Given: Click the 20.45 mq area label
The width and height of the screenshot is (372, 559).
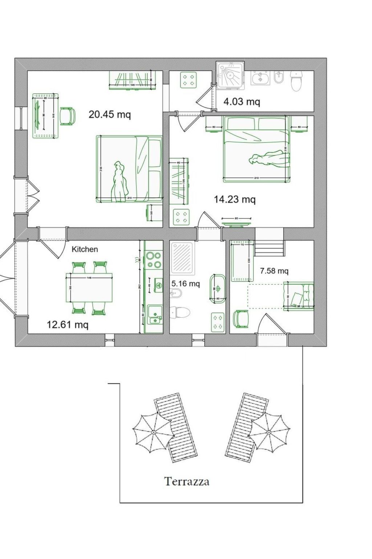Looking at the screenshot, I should (x=109, y=114).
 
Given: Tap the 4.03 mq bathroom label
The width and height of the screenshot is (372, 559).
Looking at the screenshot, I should (x=242, y=102).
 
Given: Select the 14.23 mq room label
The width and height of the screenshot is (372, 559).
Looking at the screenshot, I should (x=235, y=199).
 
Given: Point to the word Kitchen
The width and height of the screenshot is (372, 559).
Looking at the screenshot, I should (x=85, y=249).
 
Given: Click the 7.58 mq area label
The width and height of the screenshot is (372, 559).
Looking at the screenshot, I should (x=274, y=271).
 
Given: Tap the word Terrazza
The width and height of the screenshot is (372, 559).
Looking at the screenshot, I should (x=187, y=481).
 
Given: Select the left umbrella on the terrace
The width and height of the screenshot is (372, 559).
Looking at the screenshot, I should (x=153, y=432).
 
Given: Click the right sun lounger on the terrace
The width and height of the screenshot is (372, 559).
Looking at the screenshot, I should (x=247, y=428).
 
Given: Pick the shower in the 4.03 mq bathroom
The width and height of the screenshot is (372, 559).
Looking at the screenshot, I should (x=230, y=75).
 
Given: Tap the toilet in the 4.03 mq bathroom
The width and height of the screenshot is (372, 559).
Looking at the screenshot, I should (x=296, y=81).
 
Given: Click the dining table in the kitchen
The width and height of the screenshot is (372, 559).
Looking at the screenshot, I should (x=89, y=288).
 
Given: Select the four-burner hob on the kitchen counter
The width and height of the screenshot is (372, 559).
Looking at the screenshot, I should (x=154, y=259).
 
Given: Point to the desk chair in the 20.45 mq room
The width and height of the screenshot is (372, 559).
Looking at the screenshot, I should (x=68, y=116).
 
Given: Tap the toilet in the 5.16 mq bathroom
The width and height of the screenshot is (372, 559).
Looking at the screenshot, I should (x=181, y=312).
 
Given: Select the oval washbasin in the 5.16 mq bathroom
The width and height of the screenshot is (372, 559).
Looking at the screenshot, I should (x=218, y=289).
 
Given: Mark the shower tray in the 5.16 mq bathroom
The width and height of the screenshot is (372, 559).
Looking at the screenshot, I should (x=183, y=257).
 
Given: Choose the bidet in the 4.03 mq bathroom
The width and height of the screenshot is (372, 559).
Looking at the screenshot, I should (x=279, y=77).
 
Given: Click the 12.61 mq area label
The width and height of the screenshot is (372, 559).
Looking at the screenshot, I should (x=68, y=324).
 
